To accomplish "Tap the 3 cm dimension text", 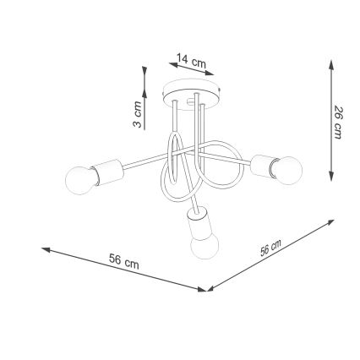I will pyautogui.click(x=138, y=113).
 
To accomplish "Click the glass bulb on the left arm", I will pyautogui.click(x=80, y=180).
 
